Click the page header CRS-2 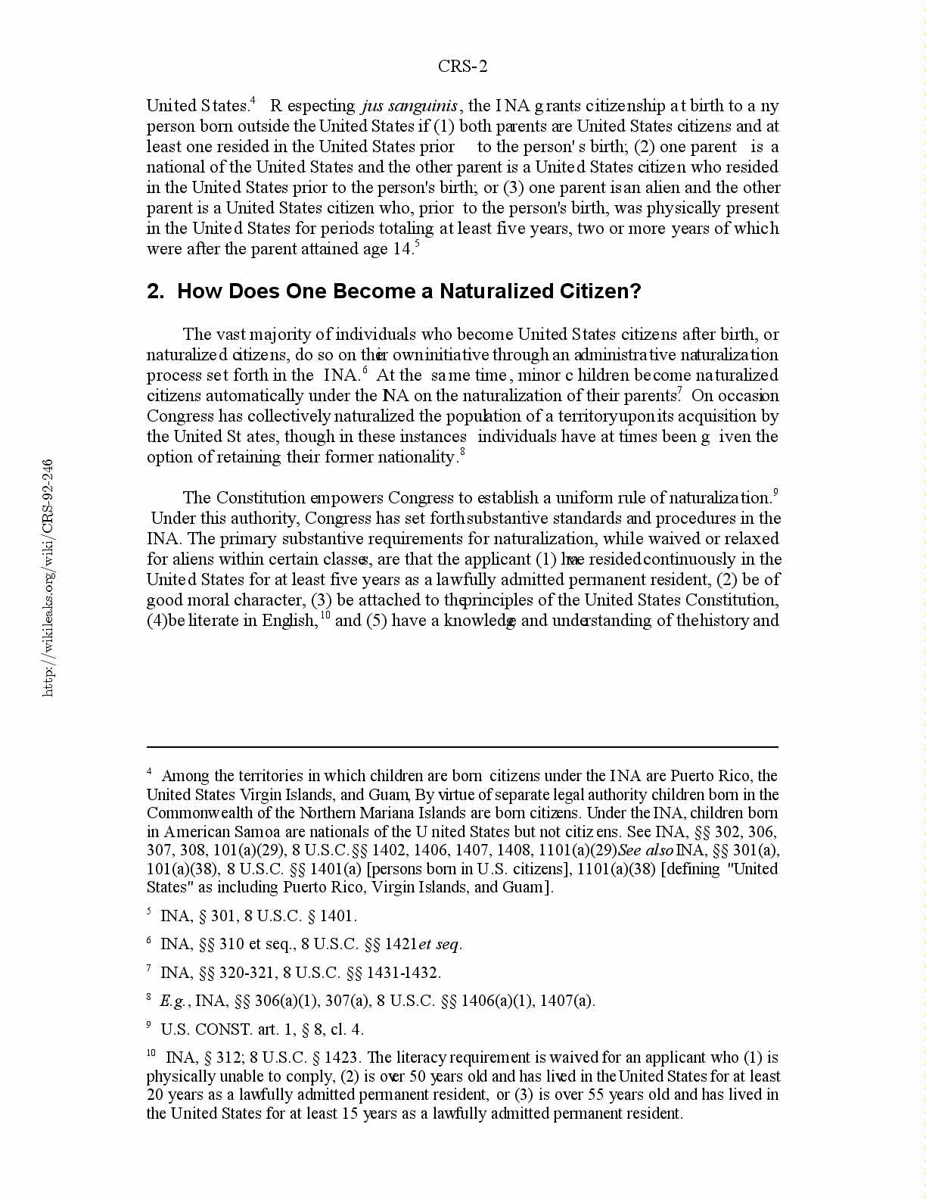click(462, 67)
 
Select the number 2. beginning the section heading click(155, 291)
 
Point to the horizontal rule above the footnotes click(462, 747)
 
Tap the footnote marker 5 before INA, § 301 click(149, 913)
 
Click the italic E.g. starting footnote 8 click(173, 1001)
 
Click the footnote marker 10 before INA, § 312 click(151, 1054)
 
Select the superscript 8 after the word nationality click(463, 453)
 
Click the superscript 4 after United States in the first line click(253, 101)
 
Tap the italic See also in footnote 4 click(645, 850)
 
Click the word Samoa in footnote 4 click(261, 832)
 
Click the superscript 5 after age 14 click(417, 244)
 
